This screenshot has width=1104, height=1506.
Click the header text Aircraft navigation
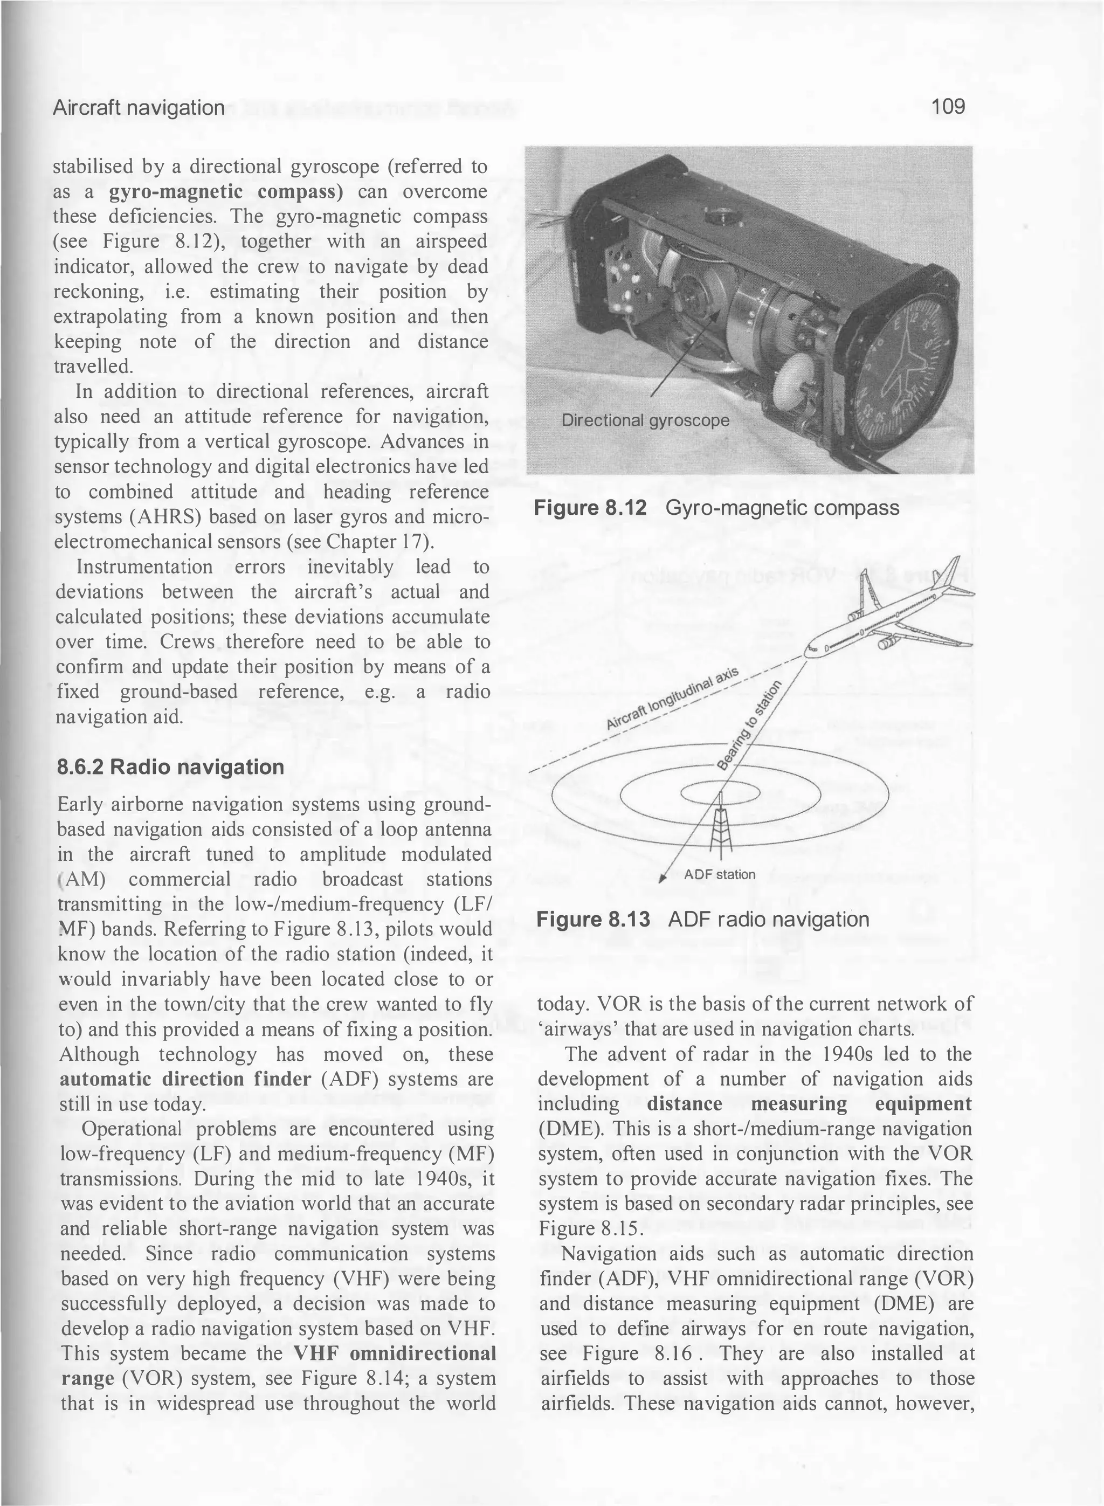[x=139, y=108]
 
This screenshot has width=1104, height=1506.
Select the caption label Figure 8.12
[x=591, y=508]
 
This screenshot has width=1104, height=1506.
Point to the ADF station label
[x=719, y=875]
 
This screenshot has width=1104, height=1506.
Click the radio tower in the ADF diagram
[x=720, y=823]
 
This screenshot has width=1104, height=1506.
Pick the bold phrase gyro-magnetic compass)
[x=226, y=192]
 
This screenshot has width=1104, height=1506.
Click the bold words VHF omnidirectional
[x=394, y=1353]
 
